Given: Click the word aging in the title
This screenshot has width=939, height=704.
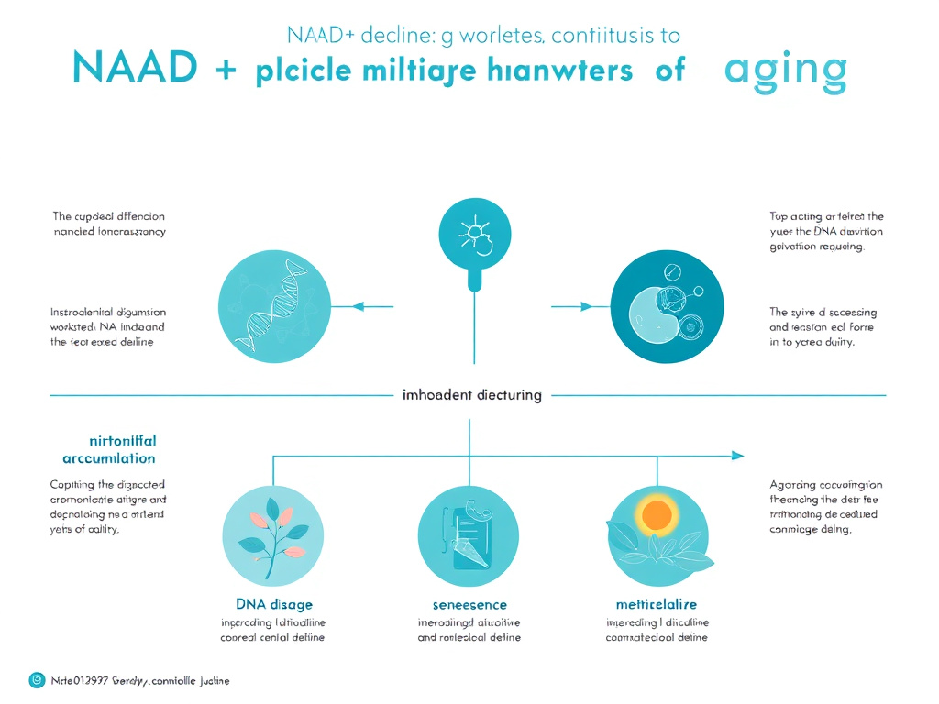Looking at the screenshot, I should (x=785, y=71).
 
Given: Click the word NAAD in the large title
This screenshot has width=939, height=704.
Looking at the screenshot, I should (x=134, y=71).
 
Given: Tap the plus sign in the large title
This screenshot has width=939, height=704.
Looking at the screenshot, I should (x=223, y=72).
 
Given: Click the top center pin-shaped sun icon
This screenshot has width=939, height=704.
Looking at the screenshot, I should (x=473, y=235).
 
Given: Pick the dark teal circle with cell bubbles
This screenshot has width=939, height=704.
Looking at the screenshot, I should (x=660, y=306).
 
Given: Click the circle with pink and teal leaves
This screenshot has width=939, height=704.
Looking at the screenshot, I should (x=273, y=536).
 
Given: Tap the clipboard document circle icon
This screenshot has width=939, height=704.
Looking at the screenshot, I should (x=469, y=536).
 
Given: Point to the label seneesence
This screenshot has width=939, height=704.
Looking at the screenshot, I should (x=469, y=604).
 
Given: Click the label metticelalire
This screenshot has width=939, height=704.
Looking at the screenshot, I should (x=657, y=604).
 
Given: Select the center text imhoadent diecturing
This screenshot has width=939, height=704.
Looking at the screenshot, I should (x=472, y=395).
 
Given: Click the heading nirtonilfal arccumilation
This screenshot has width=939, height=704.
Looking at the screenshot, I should (x=109, y=449).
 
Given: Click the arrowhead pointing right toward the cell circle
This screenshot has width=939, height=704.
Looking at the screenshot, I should (x=583, y=305).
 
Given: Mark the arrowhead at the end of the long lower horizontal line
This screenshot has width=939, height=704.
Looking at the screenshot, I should (x=737, y=455).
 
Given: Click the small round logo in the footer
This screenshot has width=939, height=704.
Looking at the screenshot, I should (x=37, y=680).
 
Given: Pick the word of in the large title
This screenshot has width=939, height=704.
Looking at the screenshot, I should (x=669, y=71).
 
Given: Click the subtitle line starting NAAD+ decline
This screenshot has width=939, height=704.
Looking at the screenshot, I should (x=483, y=36).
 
